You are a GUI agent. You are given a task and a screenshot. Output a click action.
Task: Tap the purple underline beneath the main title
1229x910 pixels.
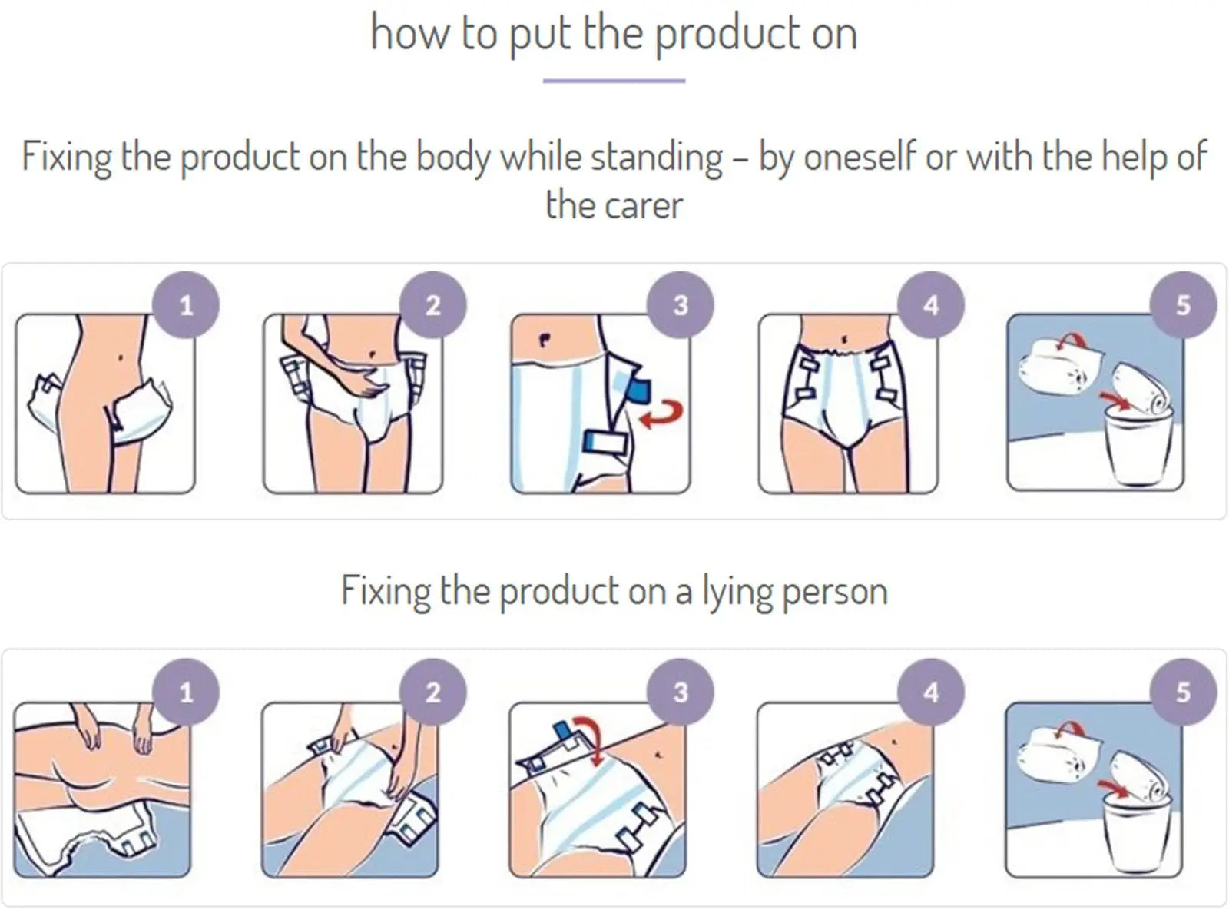[614, 81]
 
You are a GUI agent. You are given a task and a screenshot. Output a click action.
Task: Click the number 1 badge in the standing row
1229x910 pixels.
[186, 304]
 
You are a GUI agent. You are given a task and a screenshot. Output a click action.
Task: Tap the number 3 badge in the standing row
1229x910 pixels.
[681, 304]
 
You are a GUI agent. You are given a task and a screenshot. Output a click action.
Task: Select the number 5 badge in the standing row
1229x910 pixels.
[1183, 304]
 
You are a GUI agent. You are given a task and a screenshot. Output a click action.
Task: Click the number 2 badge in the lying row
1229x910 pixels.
[432, 692]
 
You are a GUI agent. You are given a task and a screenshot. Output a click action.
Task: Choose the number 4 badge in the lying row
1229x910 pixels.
[931, 692]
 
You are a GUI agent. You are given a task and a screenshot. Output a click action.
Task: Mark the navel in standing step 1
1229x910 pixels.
[121, 358]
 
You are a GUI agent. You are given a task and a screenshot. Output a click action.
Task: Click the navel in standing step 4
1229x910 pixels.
[844, 338]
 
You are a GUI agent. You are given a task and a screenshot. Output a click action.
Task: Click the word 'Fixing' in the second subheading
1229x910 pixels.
[385, 591]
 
